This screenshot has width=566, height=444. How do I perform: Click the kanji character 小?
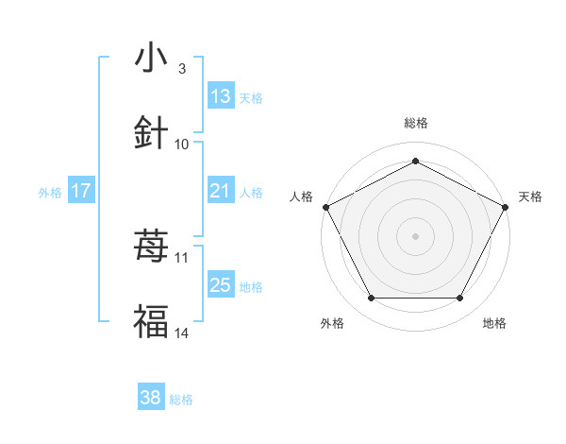click(x=152, y=59)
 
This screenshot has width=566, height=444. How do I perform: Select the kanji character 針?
click(x=152, y=132)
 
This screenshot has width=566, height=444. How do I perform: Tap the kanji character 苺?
click(x=152, y=248)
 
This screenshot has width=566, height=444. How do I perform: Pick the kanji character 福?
click(x=152, y=321)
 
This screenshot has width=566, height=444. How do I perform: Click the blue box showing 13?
click(x=221, y=96)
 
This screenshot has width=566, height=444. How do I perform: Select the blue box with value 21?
click(x=221, y=192)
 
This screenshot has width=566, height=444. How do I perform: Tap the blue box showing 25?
click(x=221, y=285)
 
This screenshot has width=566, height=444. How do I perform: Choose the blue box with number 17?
click(x=81, y=192)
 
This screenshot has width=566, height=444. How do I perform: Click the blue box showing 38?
click(x=151, y=399)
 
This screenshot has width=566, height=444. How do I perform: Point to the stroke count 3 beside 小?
click(x=182, y=69)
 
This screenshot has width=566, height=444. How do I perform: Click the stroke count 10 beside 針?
click(x=182, y=144)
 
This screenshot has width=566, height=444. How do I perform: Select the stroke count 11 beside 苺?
click(x=182, y=257)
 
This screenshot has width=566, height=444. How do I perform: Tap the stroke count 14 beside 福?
click(x=182, y=333)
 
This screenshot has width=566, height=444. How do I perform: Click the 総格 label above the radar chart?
click(x=415, y=123)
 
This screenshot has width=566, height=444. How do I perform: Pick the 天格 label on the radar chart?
click(x=530, y=196)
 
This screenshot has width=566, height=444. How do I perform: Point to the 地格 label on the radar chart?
click(x=494, y=323)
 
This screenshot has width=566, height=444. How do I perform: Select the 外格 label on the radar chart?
click(x=332, y=323)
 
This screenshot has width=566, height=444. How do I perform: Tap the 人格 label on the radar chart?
click(x=302, y=196)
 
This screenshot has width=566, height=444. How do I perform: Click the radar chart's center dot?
click(x=415, y=235)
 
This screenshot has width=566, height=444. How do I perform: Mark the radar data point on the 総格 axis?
click(x=415, y=161)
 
